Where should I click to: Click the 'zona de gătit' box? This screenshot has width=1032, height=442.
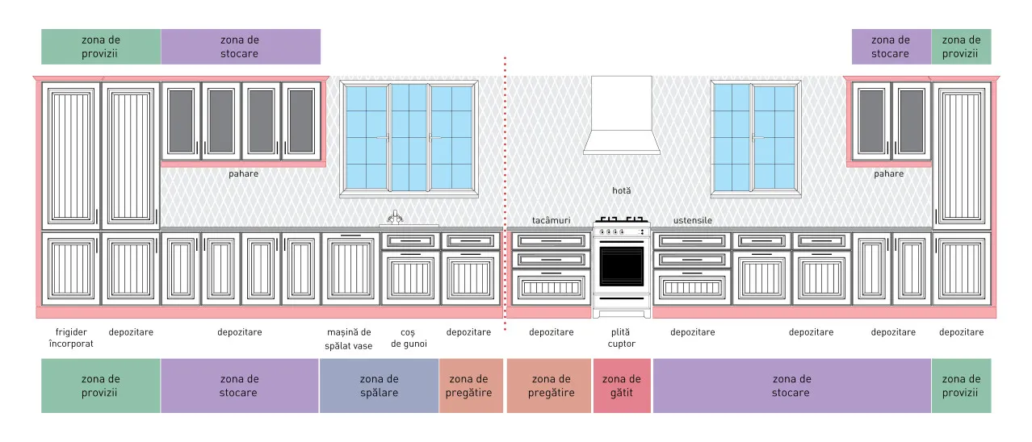pos(622,386)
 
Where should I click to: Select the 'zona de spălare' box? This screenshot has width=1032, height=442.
pos(379,386)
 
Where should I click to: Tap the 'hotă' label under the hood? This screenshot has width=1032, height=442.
pos(622,190)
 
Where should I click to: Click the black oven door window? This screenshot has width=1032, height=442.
pos(622,266)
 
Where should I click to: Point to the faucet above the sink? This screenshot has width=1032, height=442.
pos(395,217)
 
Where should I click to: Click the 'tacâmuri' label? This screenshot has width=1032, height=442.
pos(551,220)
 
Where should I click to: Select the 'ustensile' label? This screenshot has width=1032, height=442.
pos(693,220)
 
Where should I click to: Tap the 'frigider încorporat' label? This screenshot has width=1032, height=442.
pos(71,338)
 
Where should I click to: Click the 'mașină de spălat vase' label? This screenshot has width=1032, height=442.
pos(349,339)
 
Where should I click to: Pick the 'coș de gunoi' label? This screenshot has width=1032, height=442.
pos(409,338)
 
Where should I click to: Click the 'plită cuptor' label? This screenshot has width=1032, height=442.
pos(621,338)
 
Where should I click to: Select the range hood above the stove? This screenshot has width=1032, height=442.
pos(622,115)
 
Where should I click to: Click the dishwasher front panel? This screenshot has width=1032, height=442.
pos(350,269)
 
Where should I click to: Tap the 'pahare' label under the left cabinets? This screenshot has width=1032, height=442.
pos(243,173)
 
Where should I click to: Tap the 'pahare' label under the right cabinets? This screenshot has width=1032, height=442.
pos(889,173)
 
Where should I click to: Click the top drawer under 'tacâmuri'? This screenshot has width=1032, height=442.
pos(551,240)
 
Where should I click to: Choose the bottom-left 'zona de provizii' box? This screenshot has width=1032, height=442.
pos(100,386)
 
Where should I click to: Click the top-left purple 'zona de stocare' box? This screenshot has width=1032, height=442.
pos(241,47)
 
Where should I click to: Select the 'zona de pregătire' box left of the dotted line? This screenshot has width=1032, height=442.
pos(471,386)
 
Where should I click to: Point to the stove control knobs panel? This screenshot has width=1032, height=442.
pos(622,231)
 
